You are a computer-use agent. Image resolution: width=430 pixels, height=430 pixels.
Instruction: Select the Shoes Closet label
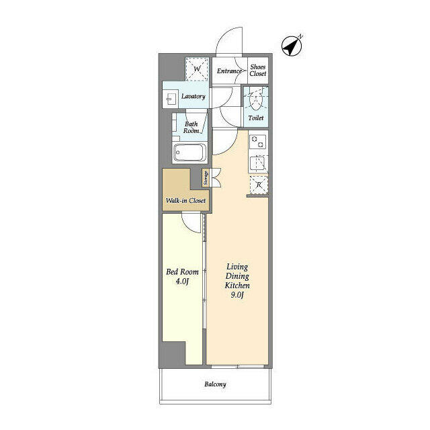point(258,70)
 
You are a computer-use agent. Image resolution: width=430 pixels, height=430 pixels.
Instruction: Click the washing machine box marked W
point(198,70)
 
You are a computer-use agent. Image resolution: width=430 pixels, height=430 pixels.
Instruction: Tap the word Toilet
point(256,118)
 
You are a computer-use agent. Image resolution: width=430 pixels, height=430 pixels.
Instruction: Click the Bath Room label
point(191,128)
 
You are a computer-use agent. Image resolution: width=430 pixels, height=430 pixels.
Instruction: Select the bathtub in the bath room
point(190,153)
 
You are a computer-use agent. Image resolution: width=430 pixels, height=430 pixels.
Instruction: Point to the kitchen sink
point(257,162)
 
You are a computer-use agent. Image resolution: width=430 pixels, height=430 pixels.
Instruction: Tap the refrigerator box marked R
point(257,185)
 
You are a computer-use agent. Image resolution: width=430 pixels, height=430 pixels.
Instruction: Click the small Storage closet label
point(206,177)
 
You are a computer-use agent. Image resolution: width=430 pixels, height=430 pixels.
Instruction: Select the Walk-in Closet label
point(185,200)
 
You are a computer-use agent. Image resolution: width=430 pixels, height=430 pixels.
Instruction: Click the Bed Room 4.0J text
point(182,276)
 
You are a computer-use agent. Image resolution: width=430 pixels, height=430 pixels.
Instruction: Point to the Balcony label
point(215,385)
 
